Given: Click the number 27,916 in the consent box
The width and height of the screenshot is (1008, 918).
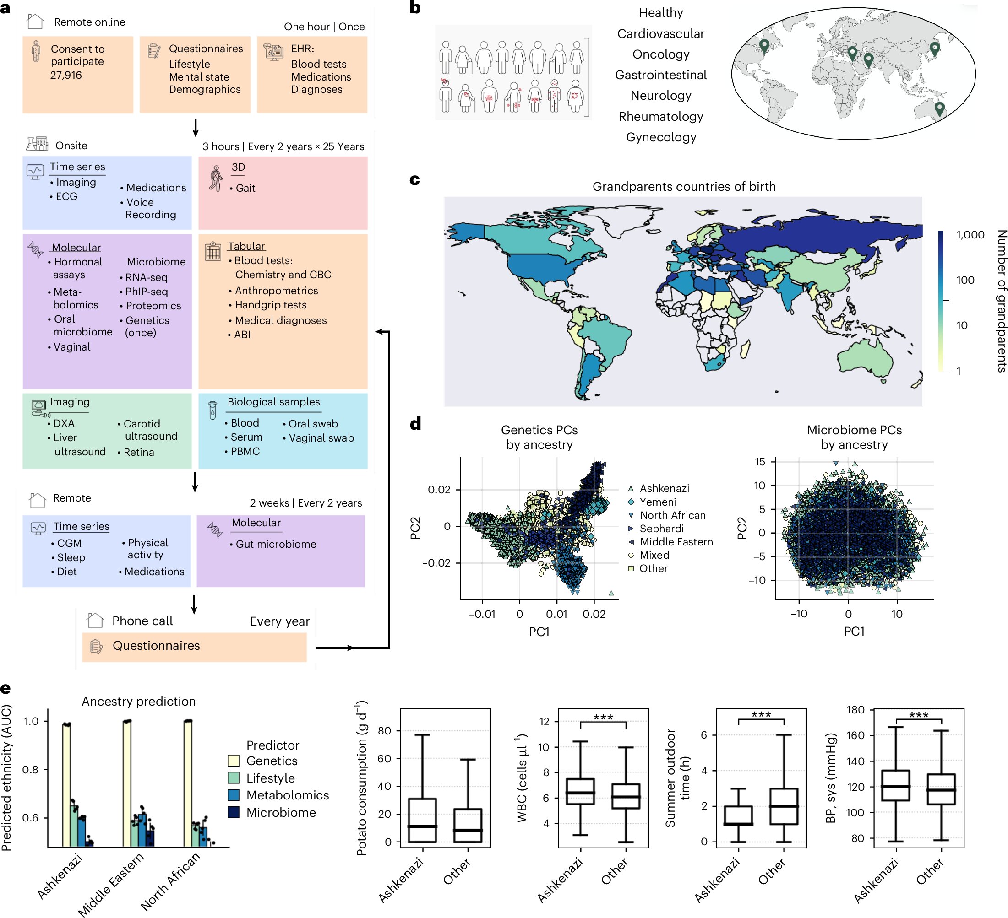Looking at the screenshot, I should tap(66, 76).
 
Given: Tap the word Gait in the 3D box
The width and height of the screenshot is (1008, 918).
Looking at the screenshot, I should tap(245, 189).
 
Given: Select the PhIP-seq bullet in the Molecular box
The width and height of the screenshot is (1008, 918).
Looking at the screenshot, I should tap(146, 292).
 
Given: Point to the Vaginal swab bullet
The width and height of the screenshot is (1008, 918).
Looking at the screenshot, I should tap(321, 438).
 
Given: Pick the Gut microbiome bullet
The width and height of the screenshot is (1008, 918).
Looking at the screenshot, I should tap(276, 544).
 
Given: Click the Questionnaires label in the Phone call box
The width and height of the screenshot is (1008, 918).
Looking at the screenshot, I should tap(156, 646).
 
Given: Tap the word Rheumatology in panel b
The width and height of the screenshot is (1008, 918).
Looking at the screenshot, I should tap(660, 116).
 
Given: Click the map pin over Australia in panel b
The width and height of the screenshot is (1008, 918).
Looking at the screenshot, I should tap(939, 108).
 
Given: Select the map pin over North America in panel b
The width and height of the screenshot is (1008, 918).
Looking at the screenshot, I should tap(763, 45).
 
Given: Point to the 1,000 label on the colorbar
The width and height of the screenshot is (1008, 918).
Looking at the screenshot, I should tap(970, 235).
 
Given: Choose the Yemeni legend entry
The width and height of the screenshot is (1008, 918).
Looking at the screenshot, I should tap(658, 502).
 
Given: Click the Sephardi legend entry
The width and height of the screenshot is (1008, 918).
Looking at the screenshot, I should tap(661, 528).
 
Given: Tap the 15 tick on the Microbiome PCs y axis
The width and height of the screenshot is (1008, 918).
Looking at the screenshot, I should tap(760, 462).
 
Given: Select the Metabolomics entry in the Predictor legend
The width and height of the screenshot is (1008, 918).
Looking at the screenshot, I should tap(288, 795).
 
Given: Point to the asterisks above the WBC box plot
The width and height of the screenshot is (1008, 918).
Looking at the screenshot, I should tap(603, 717).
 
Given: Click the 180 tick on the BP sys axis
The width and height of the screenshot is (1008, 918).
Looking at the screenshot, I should tap(855, 710).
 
